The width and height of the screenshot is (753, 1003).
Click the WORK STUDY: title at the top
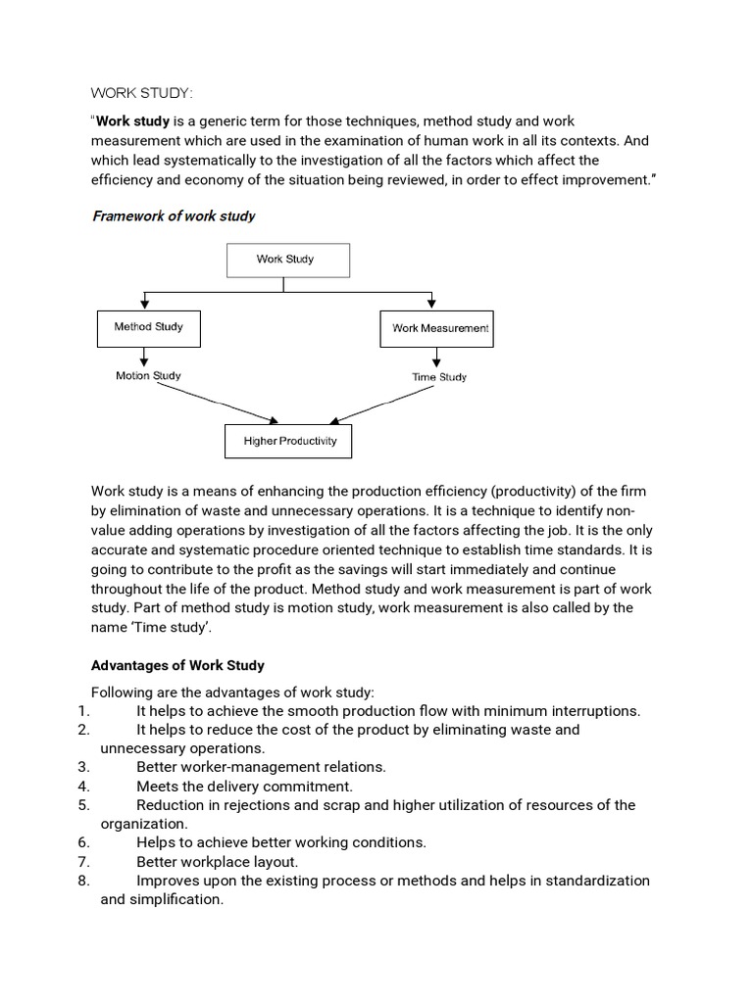pos(142,93)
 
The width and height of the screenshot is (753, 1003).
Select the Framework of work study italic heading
pos(174,215)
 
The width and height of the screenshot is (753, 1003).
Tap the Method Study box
pos(148,327)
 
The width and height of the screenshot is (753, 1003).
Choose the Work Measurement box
pos(435,328)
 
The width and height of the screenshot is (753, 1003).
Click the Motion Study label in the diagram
pos(148,376)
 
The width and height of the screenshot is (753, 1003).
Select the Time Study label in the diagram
pos(439,377)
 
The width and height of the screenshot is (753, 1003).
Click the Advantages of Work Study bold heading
pos(177,665)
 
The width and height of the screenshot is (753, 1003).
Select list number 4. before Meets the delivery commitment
pos(82,786)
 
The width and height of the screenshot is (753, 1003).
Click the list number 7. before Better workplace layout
pos(82,862)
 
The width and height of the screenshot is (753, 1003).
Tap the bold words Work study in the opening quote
pos(132,122)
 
